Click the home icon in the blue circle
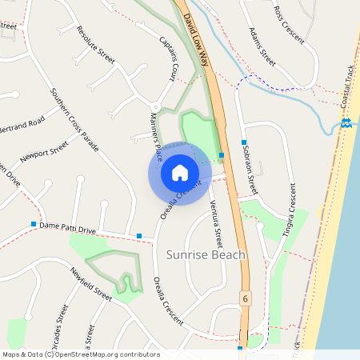pos(180,172)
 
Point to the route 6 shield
pos(245,298)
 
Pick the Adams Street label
pos(262,47)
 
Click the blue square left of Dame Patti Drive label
pos(34,224)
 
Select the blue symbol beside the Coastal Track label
pos(346,122)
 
